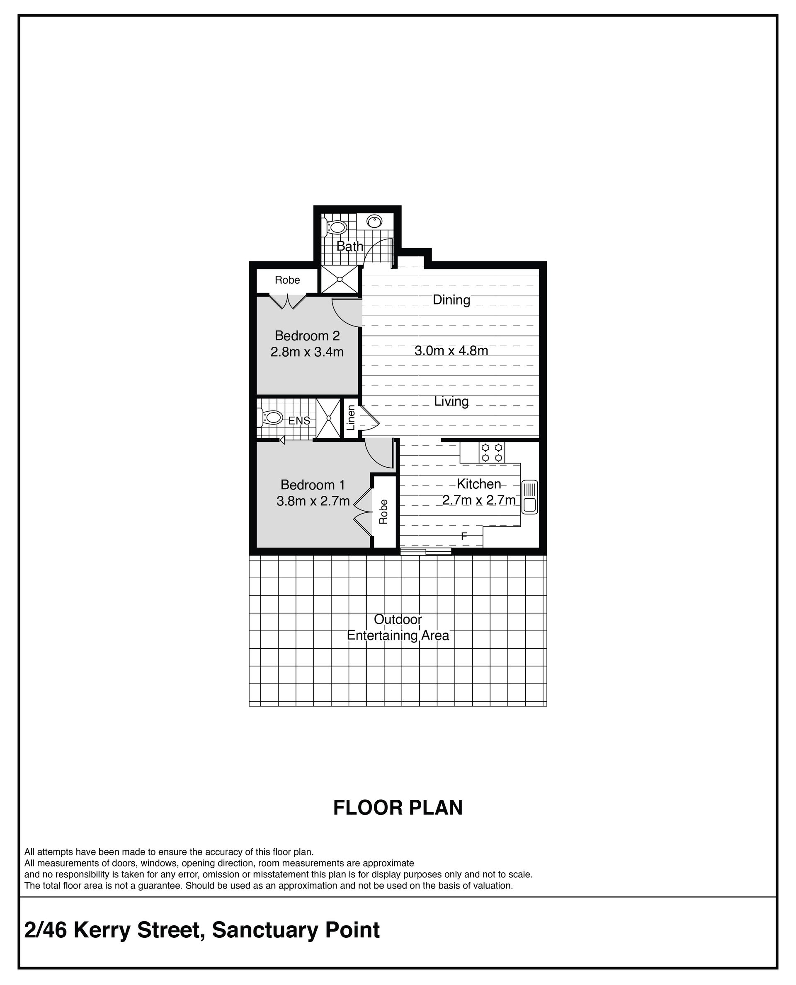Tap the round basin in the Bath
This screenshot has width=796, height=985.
pyautogui.click(x=375, y=221)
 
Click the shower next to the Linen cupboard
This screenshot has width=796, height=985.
pyautogui.click(x=329, y=418)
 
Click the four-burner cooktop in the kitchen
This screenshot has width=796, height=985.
pyautogui.click(x=492, y=452)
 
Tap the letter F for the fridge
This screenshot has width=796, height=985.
pyautogui.click(x=464, y=536)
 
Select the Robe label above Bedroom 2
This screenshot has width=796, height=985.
pyautogui.click(x=287, y=280)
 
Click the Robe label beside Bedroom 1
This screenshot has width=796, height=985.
pyautogui.click(x=383, y=512)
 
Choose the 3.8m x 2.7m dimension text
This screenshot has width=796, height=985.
pyautogui.click(x=313, y=501)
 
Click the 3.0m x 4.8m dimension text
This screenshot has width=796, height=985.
pyautogui.click(x=451, y=350)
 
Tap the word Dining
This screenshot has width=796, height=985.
pyautogui.click(x=451, y=300)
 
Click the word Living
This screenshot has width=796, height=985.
pyautogui.click(x=451, y=401)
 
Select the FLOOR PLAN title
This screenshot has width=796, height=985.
pyautogui.click(x=398, y=808)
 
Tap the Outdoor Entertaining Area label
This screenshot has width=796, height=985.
pyautogui.click(x=398, y=627)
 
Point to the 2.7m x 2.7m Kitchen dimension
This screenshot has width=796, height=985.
pyautogui.click(x=479, y=500)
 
